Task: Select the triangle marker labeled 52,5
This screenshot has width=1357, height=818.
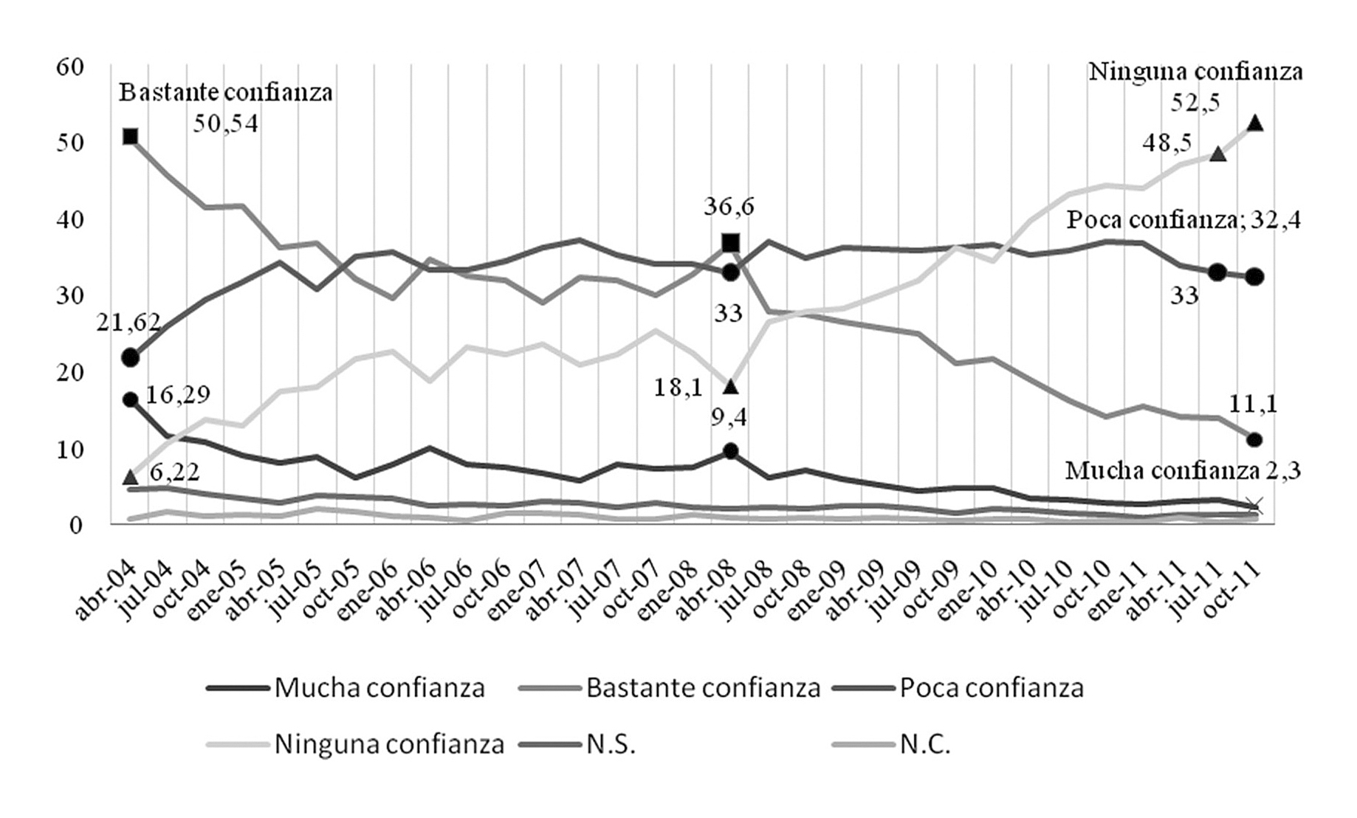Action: (x=1254, y=123)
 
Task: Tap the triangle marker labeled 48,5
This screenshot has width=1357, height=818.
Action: (x=1217, y=154)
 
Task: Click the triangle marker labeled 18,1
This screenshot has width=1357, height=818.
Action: (x=730, y=386)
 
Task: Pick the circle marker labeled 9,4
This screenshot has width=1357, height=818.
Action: (x=730, y=451)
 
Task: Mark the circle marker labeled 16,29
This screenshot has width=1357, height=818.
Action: (x=131, y=399)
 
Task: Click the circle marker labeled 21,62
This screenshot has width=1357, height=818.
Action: (x=131, y=357)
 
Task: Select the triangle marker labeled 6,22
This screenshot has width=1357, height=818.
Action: (x=131, y=477)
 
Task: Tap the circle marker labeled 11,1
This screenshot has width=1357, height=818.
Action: (x=1254, y=439)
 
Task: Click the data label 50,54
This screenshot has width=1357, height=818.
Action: (x=226, y=124)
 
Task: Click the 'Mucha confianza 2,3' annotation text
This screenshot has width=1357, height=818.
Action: (x=1182, y=470)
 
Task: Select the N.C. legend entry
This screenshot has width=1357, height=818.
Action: (x=925, y=743)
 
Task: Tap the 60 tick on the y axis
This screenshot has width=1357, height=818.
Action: (x=71, y=66)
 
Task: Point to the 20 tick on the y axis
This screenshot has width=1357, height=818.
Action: (x=71, y=372)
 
